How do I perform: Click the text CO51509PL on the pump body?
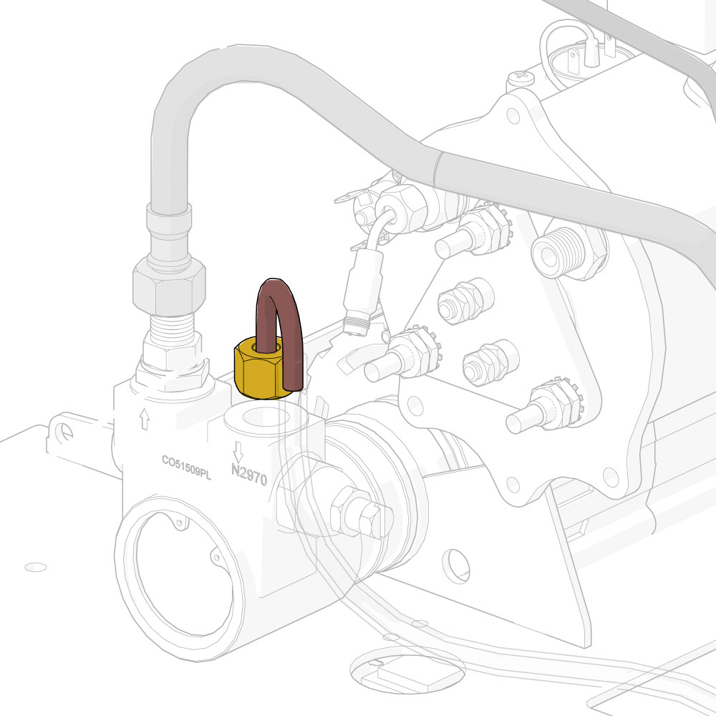point(186,467)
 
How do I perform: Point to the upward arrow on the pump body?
point(145,418)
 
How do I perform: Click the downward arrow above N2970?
point(238,452)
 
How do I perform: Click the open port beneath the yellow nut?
point(266,418)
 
